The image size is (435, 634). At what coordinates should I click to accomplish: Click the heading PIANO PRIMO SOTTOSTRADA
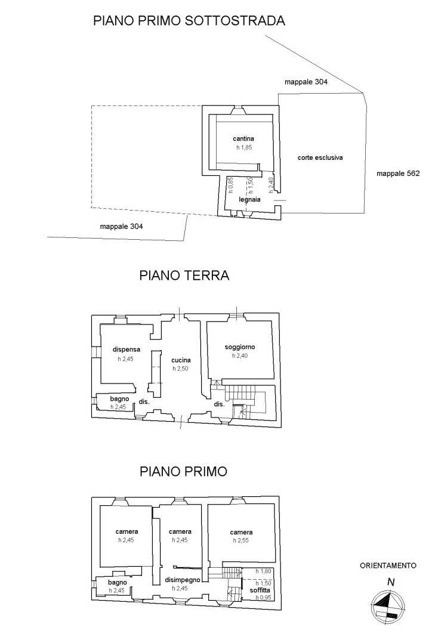pyautogui.click(x=189, y=21)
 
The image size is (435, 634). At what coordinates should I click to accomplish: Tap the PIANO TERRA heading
pyautogui.click(x=184, y=276)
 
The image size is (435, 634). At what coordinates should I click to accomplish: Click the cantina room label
pyautogui.click(x=243, y=139)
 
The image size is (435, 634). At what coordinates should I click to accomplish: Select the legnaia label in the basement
pyautogui.click(x=249, y=199)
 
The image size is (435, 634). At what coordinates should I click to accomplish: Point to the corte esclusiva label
pyautogui.click(x=320, y=157)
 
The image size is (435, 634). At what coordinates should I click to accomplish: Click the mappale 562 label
pyautogui.click(x=398, y=174)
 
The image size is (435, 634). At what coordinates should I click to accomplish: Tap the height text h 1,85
pyautogui.click(x=244, y=147)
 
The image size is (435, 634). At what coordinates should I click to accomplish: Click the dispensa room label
pyautogui.click(x=127, y=350)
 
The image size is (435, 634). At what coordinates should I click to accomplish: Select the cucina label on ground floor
pyautogui.click(x=181, y=360)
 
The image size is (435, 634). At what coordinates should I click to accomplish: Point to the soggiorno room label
pyautogui.click(x=240, y=347)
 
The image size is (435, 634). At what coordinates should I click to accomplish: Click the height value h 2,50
pyautogui.click(x=180, y=369)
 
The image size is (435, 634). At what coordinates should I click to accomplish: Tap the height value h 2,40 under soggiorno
pyautogui.click(x=240, y=356)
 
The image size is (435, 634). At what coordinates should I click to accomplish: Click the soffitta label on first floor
pyautogui.click(x=260, y=590)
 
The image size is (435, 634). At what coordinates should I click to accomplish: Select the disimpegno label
pyautogui.click(x=183, y=580)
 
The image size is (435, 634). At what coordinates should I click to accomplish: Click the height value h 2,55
pyautogui.click(x=241, y=540)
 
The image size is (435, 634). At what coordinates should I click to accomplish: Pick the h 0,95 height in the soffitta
pyautogui.click(x=263, y=598)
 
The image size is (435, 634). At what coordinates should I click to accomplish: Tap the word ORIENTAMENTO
pyautogui.click(x=388, y=565)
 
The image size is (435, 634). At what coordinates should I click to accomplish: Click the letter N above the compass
pyautogui.click(x=391, y=582)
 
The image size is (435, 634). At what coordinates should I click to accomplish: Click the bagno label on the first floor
pyautogui.click(x=118, y=583)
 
